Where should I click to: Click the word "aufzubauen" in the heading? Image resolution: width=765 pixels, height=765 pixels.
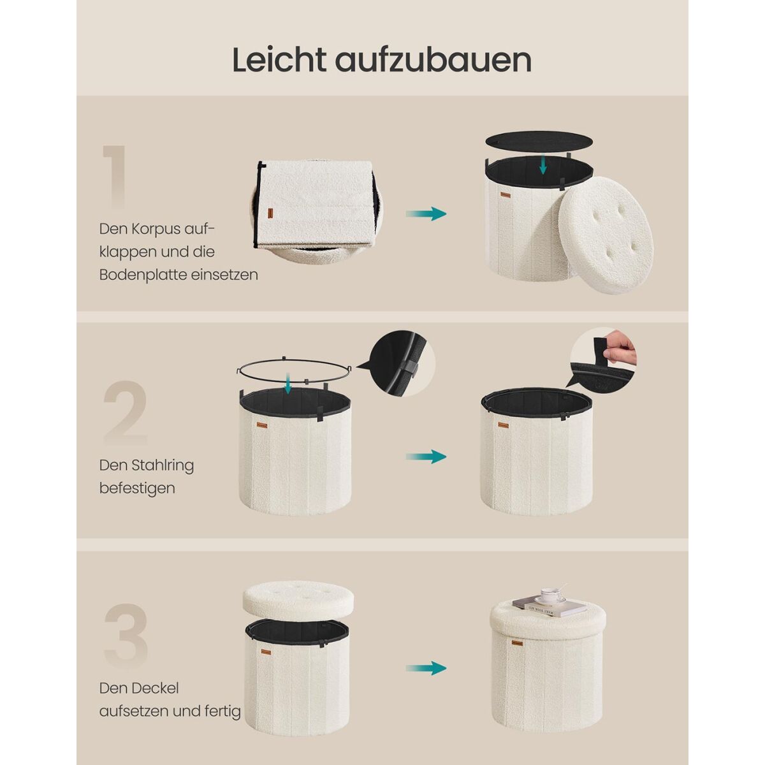coord(433,61)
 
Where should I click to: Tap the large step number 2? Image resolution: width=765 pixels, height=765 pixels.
coord(126,412)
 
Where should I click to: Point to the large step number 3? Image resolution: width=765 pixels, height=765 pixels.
coord(126,636)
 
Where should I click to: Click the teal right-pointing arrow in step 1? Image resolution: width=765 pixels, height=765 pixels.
coord(426,214)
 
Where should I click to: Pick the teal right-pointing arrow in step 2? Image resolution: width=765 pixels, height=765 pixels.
coord(426,456)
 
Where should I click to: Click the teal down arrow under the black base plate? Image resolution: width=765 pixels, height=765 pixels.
coord(543,164)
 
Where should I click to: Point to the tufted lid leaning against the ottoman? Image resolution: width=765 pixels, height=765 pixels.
coord(606,235)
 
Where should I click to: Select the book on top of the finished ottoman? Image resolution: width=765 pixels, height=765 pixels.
coord(550,608)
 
